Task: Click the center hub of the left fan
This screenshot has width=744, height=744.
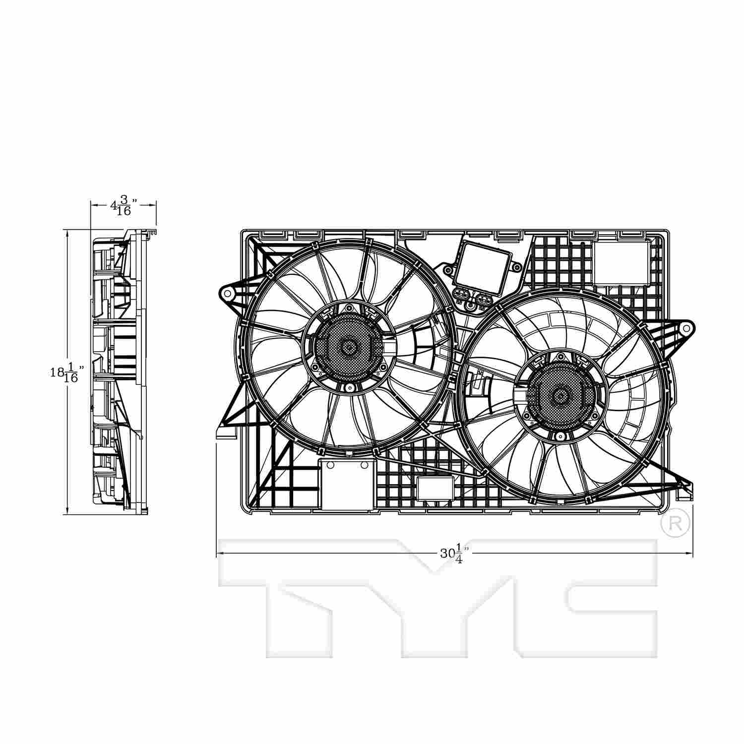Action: pyautogui.click(x=348, y=347)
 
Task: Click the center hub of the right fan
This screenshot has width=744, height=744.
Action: pyautogui.click(x=560, y=396)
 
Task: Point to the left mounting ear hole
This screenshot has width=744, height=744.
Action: pyautogui.click(x=228, y=294)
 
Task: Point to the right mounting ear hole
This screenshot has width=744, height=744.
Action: pyautogui.click(x=686, y=328)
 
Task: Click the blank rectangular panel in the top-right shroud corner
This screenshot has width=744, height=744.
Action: pyautogui.click(x=620, y=263)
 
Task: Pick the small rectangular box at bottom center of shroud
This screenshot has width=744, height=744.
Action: pyautogui.click(x=435, y=488)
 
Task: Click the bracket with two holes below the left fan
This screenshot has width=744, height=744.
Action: pyautogui.click(x=346, y=484)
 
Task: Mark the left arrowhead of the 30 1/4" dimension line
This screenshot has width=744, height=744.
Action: pyautogui.click(x=220, y=554)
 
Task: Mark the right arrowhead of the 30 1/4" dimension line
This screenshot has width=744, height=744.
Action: pyautogui.click(x=690, y=554)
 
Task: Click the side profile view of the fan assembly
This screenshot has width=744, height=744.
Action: pyautogui.click(x=119, y=372)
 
